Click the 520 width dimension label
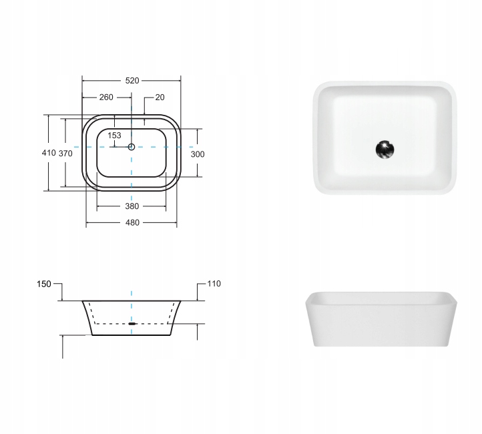(132, 81)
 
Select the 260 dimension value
(106, 97)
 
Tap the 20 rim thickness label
(160, 97)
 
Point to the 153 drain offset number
(114, 136)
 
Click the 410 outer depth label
(49, 153)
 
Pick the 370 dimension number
(65, 154)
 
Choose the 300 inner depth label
(198, 154)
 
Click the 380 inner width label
(132, 206)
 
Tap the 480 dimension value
(132, 222)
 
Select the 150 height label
(44, 284)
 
